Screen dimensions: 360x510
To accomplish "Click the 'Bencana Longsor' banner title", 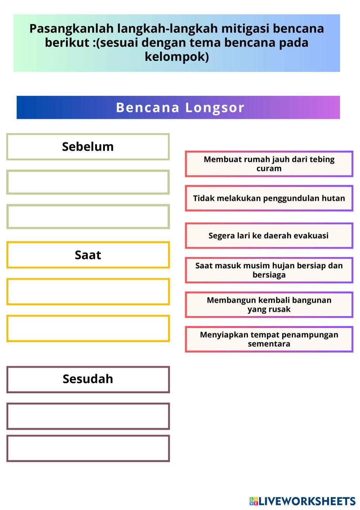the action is click(180, 107).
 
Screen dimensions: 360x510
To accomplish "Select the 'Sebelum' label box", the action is click(88, 147).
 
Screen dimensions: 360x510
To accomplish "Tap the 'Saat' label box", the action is click(88, 255).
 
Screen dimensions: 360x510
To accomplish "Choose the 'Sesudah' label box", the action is click(88, 379).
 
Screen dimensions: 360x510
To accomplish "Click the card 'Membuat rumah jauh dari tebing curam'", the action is click(269, 164).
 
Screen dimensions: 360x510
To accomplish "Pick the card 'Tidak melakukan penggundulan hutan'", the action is click(269, 198).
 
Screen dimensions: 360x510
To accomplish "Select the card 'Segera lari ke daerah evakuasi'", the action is click(269, 236).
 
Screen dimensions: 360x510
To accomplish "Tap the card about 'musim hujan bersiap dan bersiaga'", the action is click(269, 270).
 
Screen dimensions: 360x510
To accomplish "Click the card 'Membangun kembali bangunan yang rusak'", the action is click(269, 305).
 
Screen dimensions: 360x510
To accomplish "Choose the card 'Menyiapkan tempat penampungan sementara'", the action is click(269, 340).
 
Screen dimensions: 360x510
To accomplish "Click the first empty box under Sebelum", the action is click(88, 182).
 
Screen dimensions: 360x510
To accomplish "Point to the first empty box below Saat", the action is click(88, 292).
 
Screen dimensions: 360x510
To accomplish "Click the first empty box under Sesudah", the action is click(88, 416).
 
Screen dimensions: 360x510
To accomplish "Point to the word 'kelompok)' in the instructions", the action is click(177, 57).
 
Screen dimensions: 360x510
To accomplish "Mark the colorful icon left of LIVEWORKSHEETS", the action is click(253, 501).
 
